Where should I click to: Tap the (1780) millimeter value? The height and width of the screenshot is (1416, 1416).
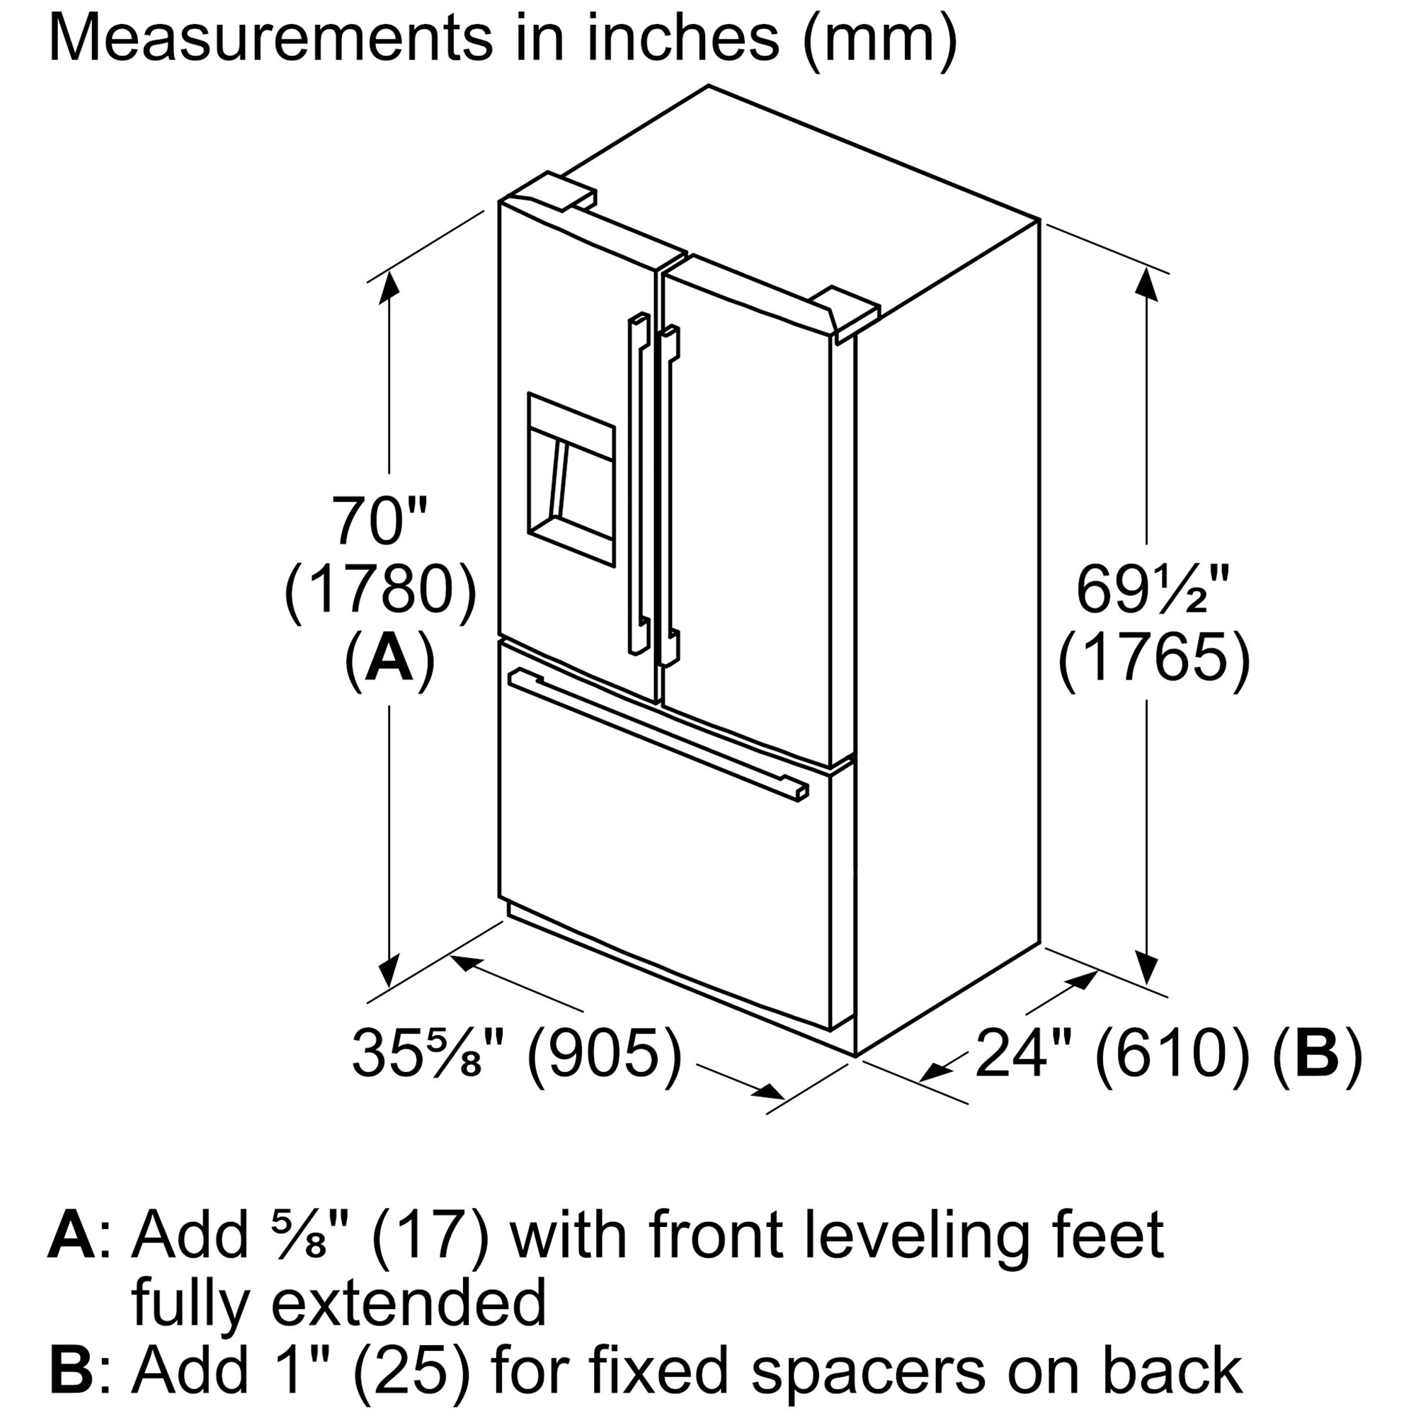(x=380, y=590)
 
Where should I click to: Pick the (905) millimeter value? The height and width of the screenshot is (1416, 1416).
(x=603, y=1054)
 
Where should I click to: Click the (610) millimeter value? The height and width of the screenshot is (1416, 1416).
(x=1175, y=1054)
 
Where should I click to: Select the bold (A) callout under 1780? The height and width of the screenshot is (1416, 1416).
(x=388, y=658)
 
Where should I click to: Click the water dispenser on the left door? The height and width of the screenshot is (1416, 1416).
(x=571, y=479)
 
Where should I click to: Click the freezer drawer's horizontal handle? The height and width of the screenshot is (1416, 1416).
(x=659, y=732)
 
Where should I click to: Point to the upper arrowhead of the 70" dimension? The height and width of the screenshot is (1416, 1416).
(x=388, y=287)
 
